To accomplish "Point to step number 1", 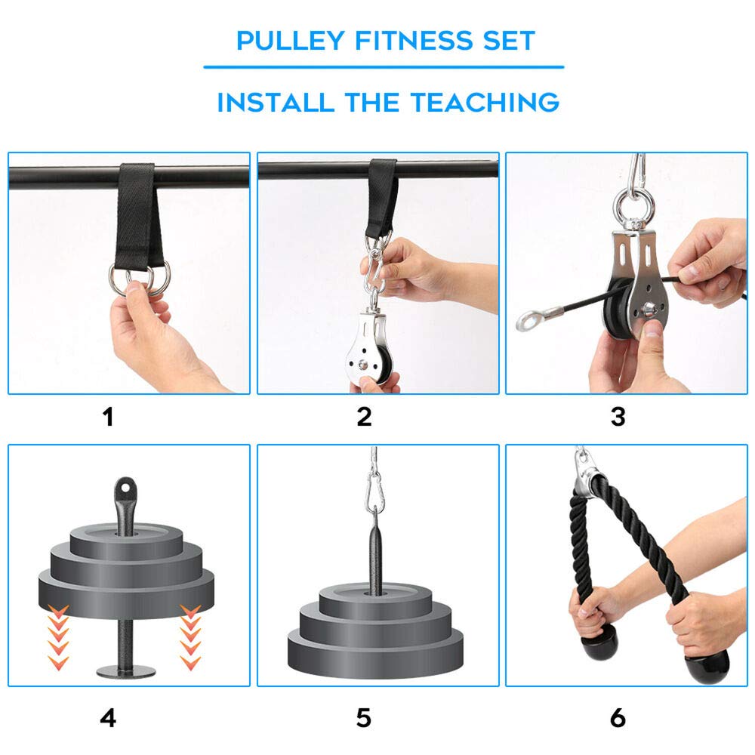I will click(x=109, y=416).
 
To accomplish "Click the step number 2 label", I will click(x=364, y=416).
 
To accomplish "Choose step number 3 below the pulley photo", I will click(x=618, y=416).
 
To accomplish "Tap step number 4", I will click(x=109, y=718).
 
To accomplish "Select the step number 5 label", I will click(x=364, y=718).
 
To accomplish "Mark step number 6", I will click(x=618, y=718).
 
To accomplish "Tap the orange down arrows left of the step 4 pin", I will click(x=58, y=634).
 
